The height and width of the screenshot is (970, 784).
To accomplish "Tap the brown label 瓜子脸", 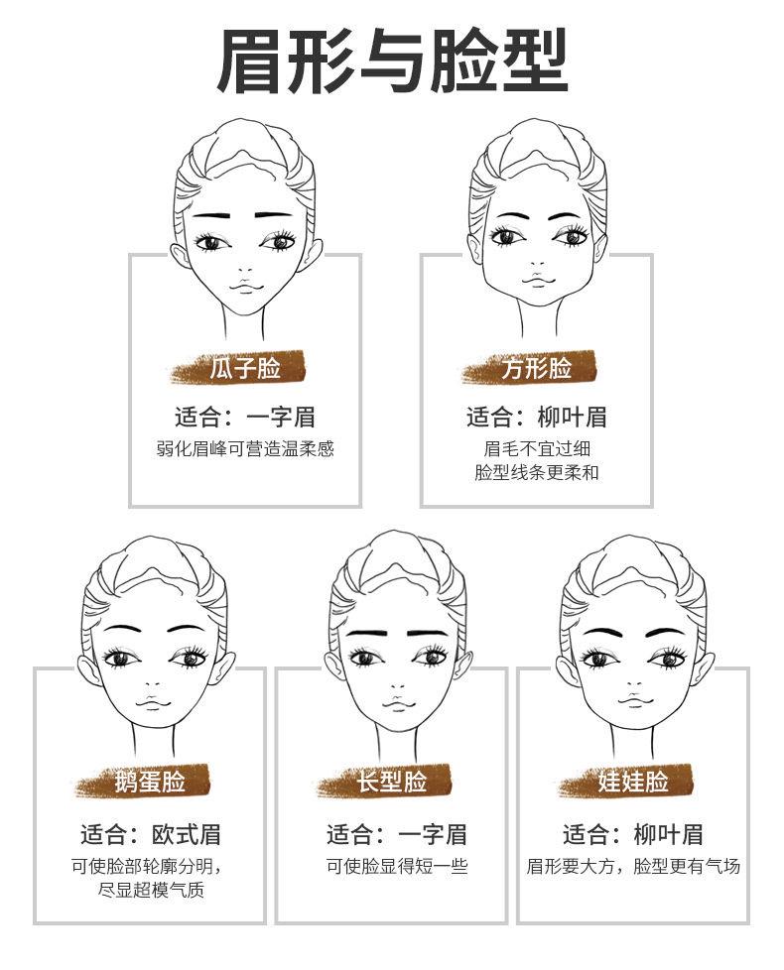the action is pyautogui.click(x=246, y=369).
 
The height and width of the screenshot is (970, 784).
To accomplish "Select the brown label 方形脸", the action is pyautogui.click(x=536, y=369).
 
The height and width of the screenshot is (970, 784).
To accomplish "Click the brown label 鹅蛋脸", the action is pyautogui.click(x=150, y=782).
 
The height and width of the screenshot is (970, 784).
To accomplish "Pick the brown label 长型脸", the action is pyautogui.click(x=391, y=782).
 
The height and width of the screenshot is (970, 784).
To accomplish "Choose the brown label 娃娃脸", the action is pyautogui.click(x=632, y=782).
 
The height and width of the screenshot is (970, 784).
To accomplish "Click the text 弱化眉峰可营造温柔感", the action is pyautogui.click(x=245, y=448).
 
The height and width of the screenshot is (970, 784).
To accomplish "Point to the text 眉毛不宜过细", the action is pyautogui.click(x=537, y=448).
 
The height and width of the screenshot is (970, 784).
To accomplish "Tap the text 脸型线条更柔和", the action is pyautogui.click(x=537, y=473).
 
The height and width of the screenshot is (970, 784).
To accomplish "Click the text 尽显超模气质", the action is pyautogui.click(x=151, y=890).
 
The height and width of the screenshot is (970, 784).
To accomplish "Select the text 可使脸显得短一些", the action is pyautogui.click(x=397, y=866).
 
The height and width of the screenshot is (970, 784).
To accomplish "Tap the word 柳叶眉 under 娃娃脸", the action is pyautogui.click(x=668, y=834).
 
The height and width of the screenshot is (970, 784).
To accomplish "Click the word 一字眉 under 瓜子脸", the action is pyautogui.click(x=281, y=418).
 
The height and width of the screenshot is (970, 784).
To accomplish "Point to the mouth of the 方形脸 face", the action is pyautogui.click(x=536, y=281).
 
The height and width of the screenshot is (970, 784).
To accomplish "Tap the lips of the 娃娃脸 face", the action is pyautogui.click(x=632, y=701).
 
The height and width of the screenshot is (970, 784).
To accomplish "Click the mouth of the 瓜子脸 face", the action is pyautogui.click(x=244, y=286).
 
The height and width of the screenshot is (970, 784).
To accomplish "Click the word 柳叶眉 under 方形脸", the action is pyautogui.click(x=572, y=418).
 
